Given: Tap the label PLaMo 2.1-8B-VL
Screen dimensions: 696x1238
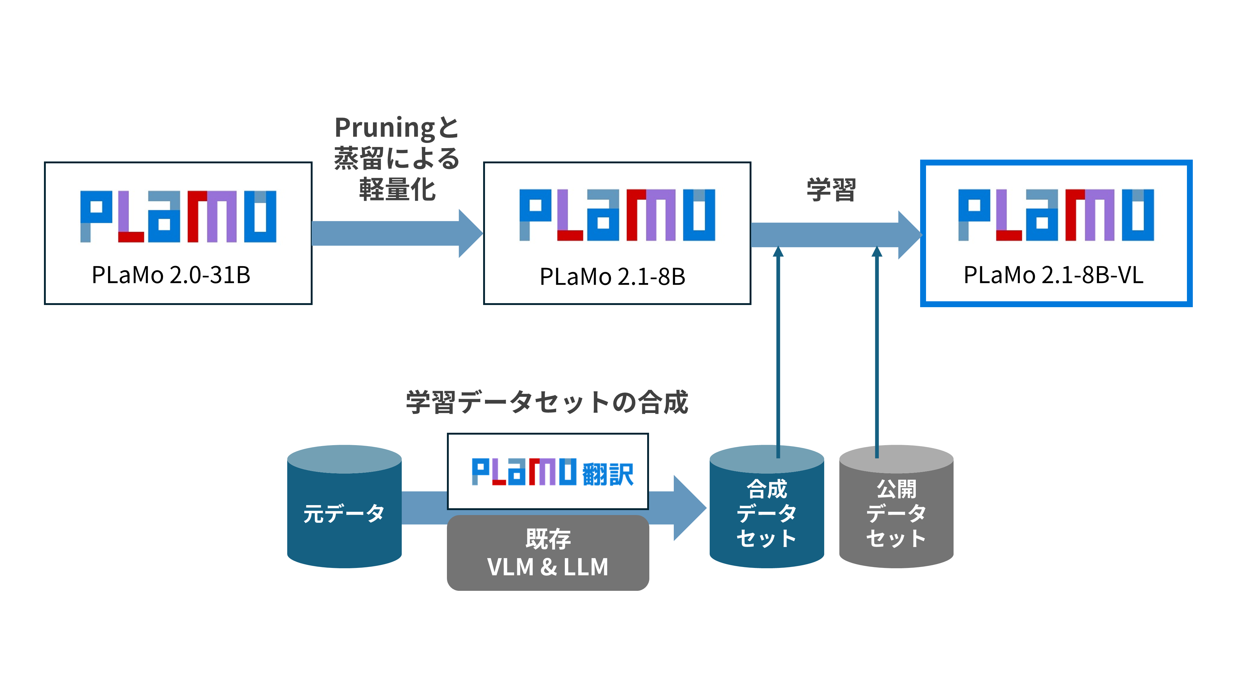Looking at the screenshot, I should (1054, 275).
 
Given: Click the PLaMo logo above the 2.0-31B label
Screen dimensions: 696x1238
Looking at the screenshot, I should (178, 216).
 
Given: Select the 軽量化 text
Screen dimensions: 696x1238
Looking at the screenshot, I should (397, 189).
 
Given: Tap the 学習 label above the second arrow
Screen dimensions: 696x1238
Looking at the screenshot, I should (831, 189).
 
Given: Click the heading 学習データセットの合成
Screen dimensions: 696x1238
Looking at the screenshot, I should (547, 402).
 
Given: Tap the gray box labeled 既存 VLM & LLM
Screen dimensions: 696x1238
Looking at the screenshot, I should (548, 553).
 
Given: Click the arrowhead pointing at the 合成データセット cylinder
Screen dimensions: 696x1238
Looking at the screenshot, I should (689, 508).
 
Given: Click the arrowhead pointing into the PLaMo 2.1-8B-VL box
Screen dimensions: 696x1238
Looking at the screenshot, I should (909, 235).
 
